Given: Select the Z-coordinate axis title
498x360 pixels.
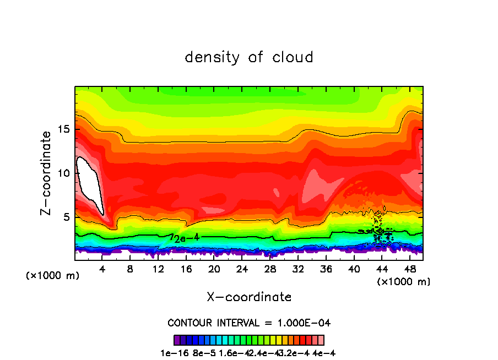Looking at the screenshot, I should (47, 173).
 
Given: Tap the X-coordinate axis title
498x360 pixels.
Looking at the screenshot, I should (249, 297).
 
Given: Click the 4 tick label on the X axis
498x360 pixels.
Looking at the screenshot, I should (102, 269).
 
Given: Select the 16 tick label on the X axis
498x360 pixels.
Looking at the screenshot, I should (186, 269).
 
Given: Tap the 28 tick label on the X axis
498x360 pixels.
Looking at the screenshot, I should (270, 269).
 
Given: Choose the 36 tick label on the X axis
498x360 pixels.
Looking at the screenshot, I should (326, 269).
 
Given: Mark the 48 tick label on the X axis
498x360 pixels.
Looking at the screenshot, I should (410, 269).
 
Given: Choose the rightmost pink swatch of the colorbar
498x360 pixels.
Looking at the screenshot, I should (321, 340).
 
